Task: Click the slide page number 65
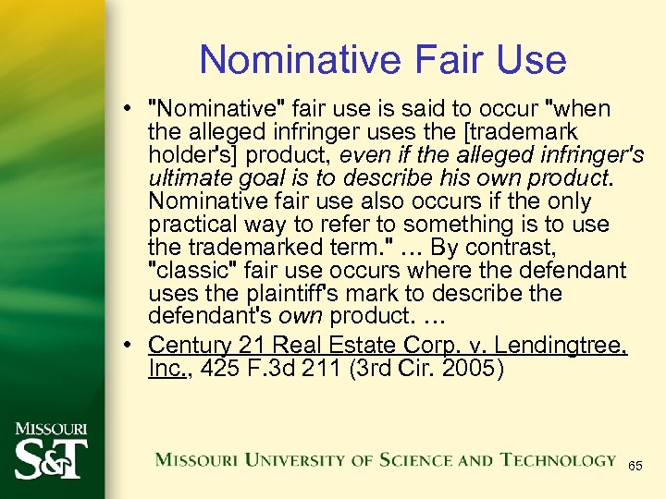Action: (x=635, y=467)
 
